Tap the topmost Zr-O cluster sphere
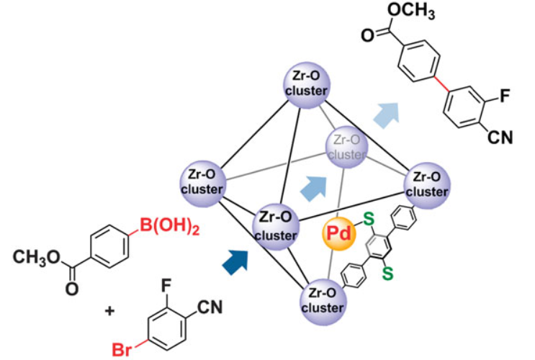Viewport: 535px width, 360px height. (308, 84)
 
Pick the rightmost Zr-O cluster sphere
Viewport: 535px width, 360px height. (429, 185)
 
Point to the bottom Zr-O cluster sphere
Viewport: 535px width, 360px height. (323, 300)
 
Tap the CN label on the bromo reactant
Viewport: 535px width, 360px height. (207, 309)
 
